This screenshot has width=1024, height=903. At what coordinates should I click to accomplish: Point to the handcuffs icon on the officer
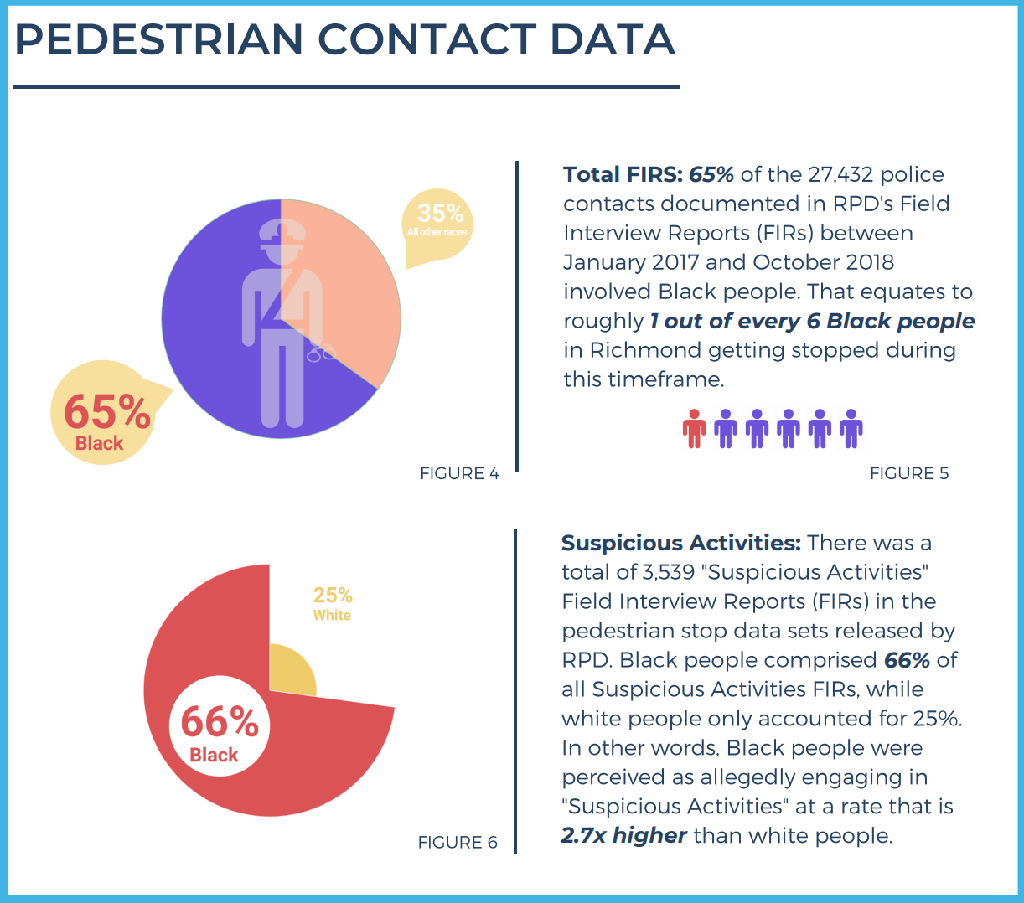pos(321,353)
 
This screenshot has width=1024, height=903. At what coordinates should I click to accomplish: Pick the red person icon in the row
pos(694,428)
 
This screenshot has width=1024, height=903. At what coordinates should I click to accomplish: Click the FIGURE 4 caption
pos(459,473)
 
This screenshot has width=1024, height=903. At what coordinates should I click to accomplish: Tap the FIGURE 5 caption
pos(909,473)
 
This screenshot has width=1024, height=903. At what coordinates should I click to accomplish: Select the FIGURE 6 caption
pos(458,842)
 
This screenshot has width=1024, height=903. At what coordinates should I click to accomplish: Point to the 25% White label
pos(333,603)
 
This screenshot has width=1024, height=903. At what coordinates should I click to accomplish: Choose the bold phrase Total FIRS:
pos(623,174)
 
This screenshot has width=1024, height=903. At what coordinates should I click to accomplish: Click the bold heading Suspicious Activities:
pos(680,543)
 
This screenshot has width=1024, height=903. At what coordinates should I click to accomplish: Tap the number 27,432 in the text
pos(841,174)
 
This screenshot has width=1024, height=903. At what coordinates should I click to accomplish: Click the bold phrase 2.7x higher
pos(623,835)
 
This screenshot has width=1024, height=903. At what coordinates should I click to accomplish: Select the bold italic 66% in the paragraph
pos(907,660)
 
